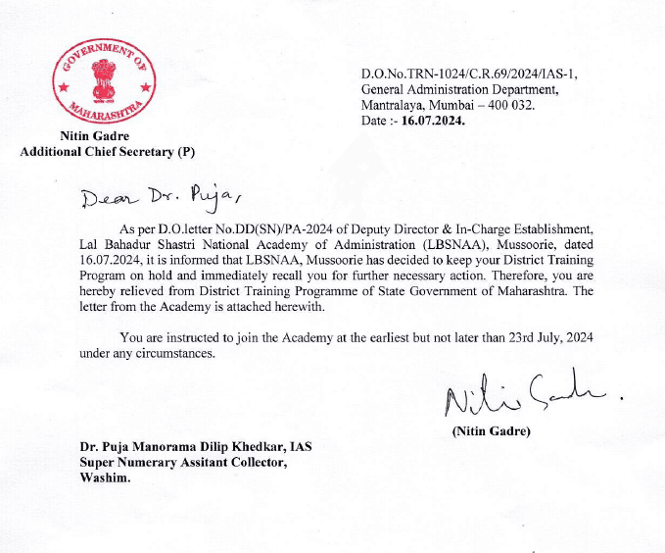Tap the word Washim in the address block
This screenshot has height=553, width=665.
[104, 478]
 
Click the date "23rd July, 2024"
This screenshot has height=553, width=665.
[545, 336]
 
